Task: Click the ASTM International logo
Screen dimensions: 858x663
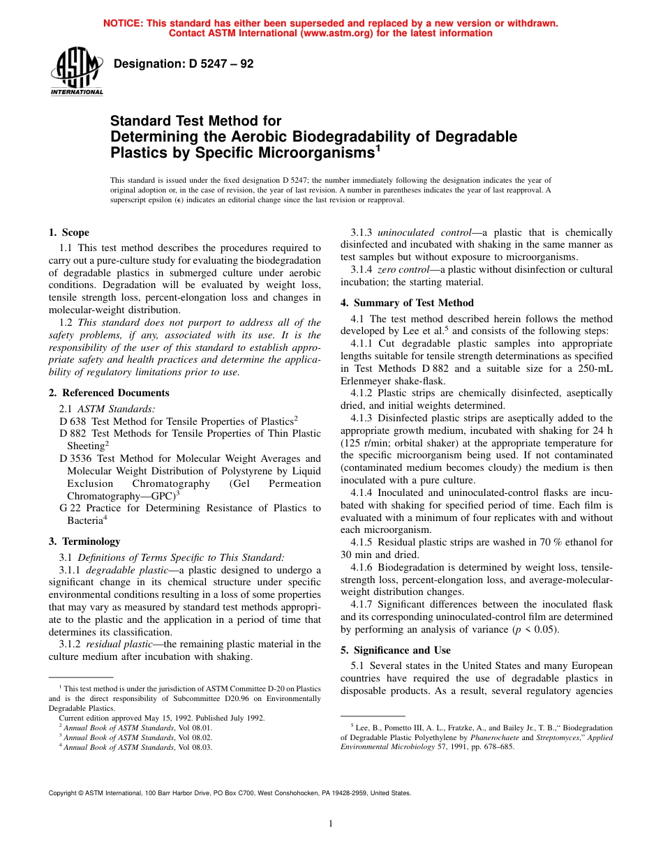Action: point(76,72)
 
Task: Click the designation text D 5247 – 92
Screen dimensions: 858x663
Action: point(183,64)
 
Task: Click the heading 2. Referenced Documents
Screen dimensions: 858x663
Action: point(109,393)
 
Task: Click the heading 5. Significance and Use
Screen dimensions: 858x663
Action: point(395,650)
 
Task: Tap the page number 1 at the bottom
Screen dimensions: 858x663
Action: point(331,824)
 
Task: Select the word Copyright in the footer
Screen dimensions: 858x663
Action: point(63,793)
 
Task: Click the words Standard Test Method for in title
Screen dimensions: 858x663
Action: point(195,121)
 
